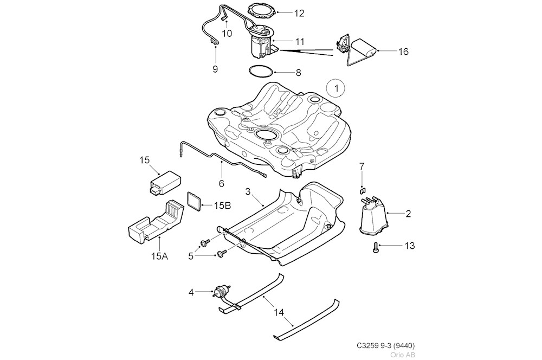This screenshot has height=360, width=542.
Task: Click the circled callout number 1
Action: (336, 87)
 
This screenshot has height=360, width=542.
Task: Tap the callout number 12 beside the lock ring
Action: (299, 13)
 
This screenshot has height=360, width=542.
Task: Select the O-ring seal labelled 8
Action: (260, 70)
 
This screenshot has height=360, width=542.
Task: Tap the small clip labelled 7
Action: (363, 190)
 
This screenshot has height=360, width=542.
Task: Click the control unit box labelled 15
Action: (165, 181)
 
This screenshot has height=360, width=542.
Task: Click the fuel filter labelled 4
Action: (222, 292)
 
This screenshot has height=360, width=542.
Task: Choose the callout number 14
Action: (279, 313)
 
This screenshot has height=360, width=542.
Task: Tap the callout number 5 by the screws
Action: (190, 256)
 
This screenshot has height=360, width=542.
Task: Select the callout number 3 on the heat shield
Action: (248, 192)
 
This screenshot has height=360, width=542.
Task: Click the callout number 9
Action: (215, 69)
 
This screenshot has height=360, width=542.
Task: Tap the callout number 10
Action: (227, 34)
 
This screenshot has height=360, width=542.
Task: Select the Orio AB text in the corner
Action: (403, 355)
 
